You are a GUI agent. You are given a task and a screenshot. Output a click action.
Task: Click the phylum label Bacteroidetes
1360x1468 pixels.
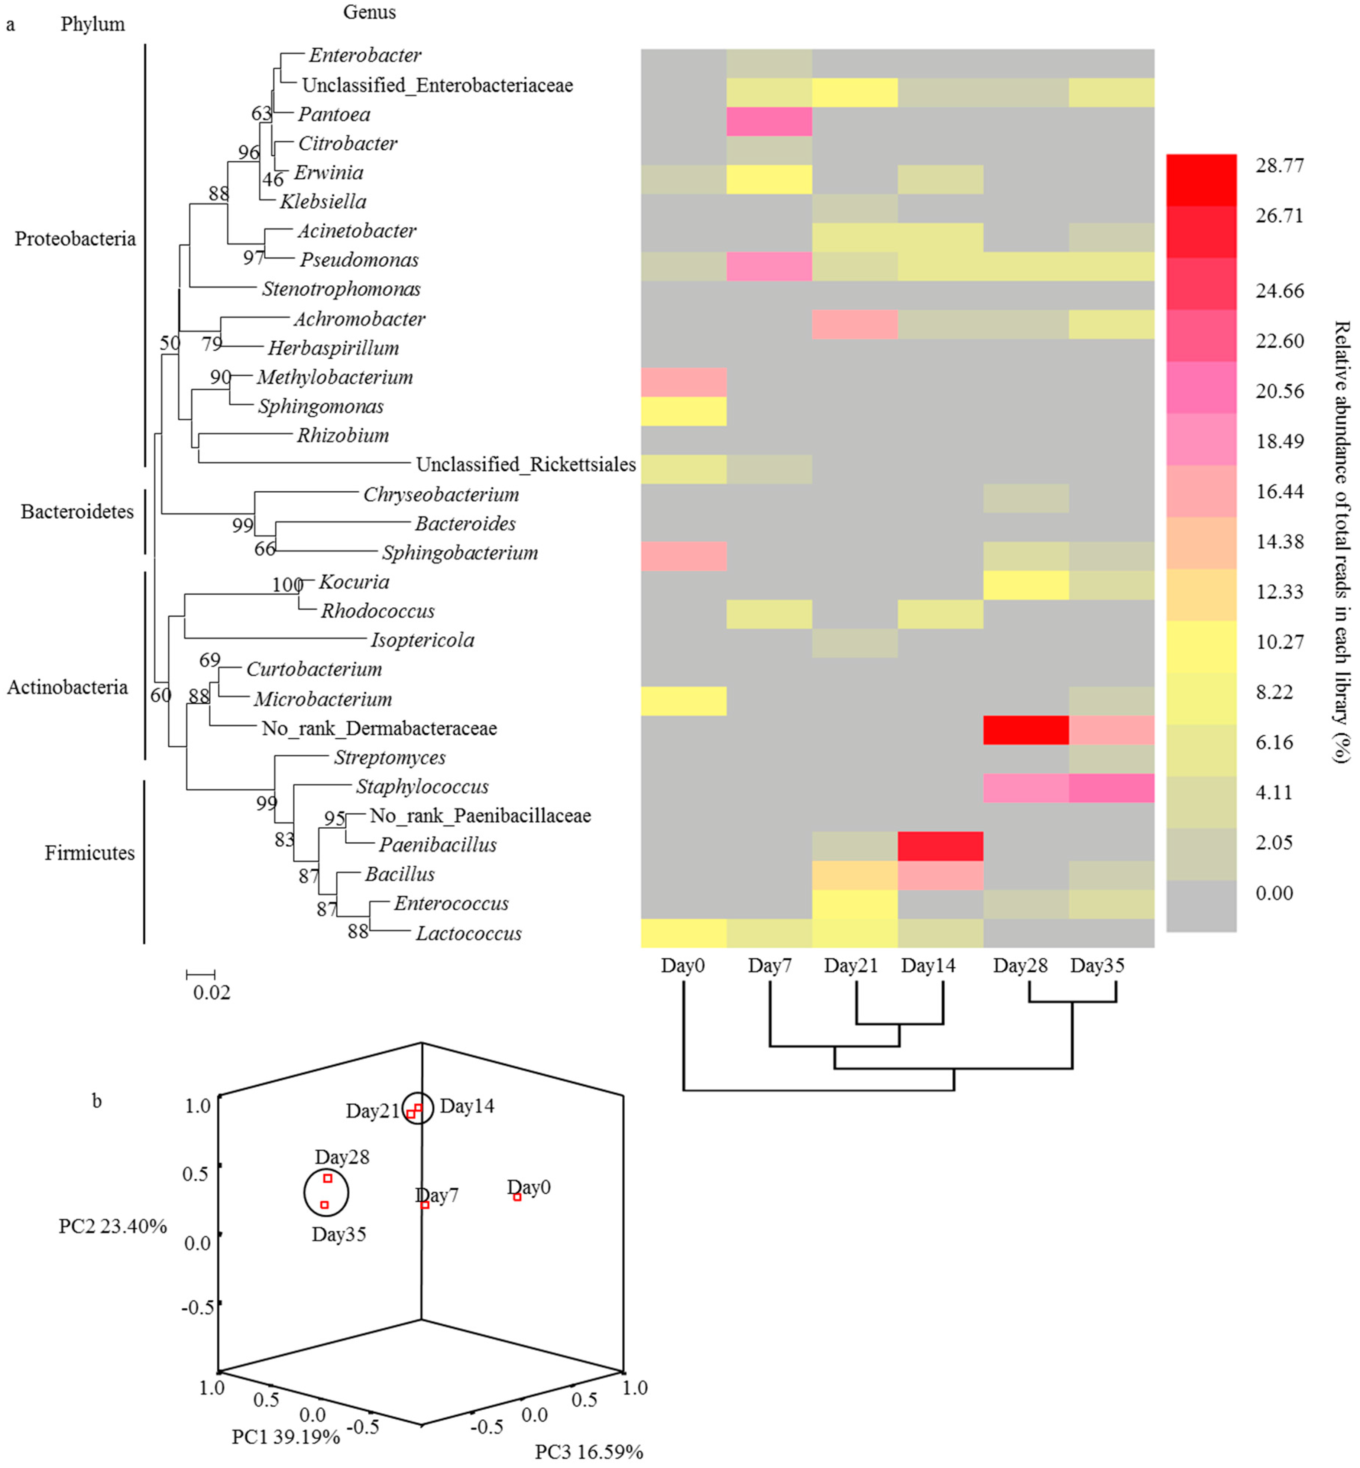point(77,511)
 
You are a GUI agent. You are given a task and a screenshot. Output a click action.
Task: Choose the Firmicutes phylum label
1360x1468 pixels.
point(90,853)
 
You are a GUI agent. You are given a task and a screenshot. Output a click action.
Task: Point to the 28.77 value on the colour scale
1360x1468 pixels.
point(1279,166)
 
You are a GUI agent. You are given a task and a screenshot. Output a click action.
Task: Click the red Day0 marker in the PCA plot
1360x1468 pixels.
point(517,1197)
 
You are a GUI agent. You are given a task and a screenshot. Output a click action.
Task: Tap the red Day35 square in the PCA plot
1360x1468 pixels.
point(324,1205)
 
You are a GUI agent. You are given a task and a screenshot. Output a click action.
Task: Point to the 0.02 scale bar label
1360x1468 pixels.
point(211,993)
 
